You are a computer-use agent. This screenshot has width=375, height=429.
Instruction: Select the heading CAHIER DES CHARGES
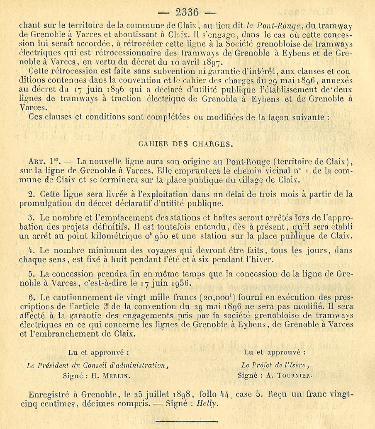[185, 145]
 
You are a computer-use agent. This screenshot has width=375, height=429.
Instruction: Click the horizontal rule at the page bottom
[187, 421]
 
